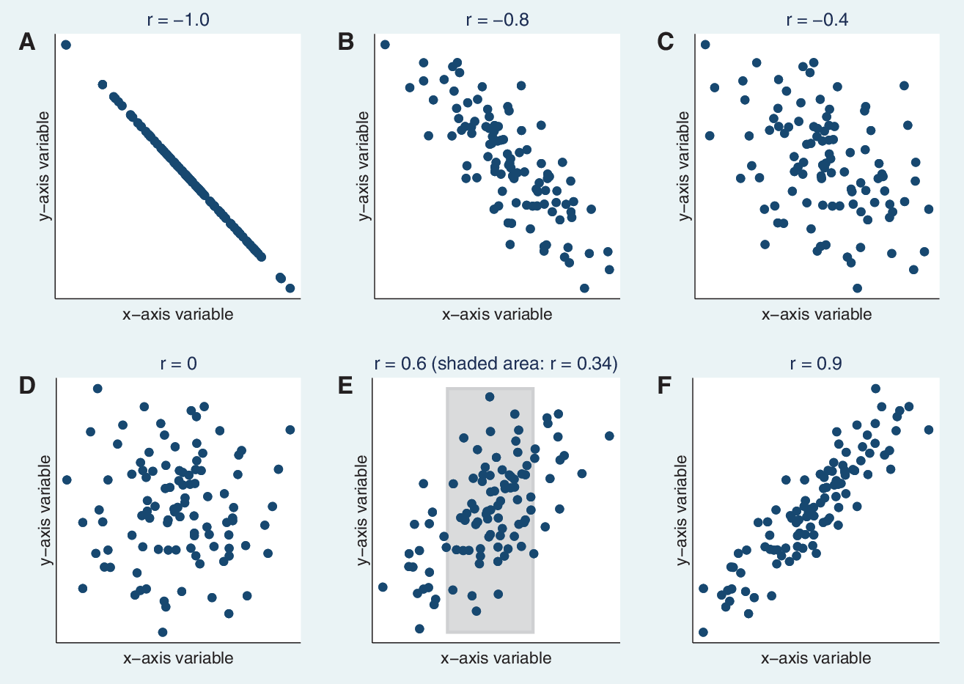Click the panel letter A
27,43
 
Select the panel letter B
346,43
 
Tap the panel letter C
666,43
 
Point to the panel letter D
27,386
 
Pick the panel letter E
345,386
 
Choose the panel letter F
664,386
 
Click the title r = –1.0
178,20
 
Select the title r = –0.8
498,20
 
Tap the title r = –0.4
817,20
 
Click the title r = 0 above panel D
179,364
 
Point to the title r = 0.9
816,364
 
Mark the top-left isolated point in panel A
66,45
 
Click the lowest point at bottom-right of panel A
290,288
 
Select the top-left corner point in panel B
385,45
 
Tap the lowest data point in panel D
163,632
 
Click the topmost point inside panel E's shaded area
490,397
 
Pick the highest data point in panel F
875,389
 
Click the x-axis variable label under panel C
817,315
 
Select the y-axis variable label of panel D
44,510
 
